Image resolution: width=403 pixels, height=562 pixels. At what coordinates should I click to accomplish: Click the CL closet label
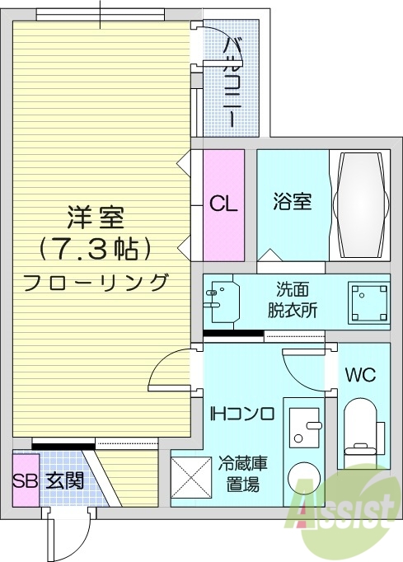(223, 203)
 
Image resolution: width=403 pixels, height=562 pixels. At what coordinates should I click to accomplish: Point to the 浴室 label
(292, 200)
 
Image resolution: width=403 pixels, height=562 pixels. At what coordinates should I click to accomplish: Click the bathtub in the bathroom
(359, 202)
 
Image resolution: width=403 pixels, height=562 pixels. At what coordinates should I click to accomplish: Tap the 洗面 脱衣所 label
(294, 301)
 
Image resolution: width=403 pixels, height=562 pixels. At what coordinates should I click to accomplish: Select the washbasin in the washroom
(223, 302)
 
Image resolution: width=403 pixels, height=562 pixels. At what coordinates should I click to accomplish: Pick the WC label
(360, 375)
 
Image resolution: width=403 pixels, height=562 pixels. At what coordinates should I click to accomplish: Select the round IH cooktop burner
(305, 480)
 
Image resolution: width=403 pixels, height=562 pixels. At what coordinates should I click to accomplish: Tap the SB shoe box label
(25, 480)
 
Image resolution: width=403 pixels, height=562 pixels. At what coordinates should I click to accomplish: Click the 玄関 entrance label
(63, 480)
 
